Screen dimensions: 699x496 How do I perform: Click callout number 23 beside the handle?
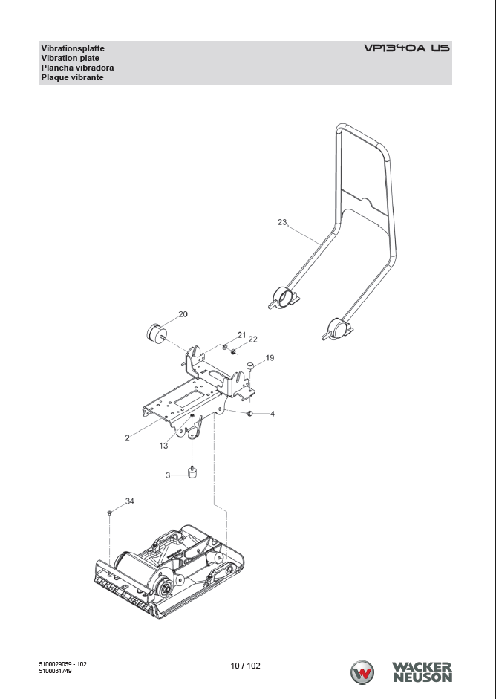tap(282, 221)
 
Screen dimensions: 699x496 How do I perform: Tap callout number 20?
tap(183, 314)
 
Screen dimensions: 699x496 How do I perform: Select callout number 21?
tap(241, 334)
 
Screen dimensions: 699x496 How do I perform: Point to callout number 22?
tap(252, 339)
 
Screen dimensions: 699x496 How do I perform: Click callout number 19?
tap(270, 357)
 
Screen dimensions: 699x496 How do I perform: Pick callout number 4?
tap(273, 413)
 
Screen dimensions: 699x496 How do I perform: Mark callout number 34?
tap(129, 501)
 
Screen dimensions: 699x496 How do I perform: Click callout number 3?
tap(169, 474)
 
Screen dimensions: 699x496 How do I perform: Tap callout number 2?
tap(127, 438)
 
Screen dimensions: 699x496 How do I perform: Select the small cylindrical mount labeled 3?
tap(192, 472)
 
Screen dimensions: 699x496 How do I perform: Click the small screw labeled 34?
tap(109, 513)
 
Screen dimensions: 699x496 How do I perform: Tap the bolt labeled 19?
tap(250, 365)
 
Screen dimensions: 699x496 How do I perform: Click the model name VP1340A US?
tap(406, 48)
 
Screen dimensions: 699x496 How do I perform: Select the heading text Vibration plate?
tap(71, 58)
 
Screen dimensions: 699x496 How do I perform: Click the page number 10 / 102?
tap(246, 666)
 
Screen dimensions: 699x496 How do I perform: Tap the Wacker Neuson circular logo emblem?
tap(362, 672)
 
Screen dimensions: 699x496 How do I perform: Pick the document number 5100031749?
tap(56, 671)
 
